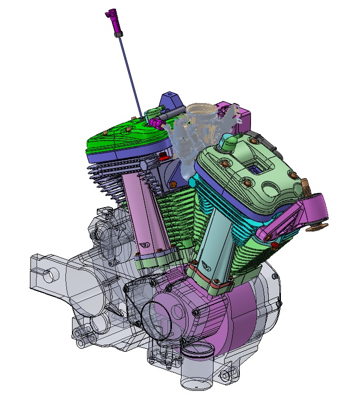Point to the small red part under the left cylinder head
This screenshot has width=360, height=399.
tap(163, 157)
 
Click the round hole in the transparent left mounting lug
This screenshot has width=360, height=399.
tap(48, 277)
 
